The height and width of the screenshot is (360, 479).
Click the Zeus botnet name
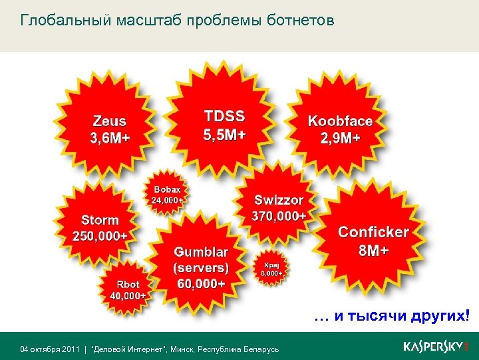click(x=110, y=122)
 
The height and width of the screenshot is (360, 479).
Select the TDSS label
click(x=224, y=116)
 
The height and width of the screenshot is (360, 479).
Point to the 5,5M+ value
click(x=224, y=134)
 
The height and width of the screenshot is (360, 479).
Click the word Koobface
click(x=340, y=121)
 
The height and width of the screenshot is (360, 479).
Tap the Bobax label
click(x=167, y=189)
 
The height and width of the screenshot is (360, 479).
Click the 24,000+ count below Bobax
click(x=167, y=199)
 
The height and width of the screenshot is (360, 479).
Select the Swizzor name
click(x=279, y=200)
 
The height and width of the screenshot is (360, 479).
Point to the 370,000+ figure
click(x=279, y=216)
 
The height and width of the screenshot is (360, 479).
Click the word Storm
click(x=100, y=219)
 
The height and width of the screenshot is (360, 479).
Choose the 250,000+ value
click(x=100, y=235)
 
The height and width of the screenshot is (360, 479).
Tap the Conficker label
click(x=373, y=232)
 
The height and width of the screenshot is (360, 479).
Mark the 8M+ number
click(x=373, y=250)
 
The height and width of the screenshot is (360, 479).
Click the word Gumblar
click(x=201, y=252)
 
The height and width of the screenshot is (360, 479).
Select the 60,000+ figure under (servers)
click(x=201, y=284)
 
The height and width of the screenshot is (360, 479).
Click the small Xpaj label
click(x=271, y=264)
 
